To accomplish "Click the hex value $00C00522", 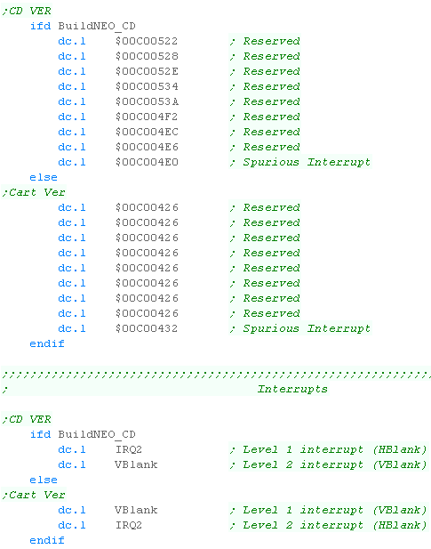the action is pos(147,41).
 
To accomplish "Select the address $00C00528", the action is pos(147,56).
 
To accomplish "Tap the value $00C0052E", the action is pos(147,71).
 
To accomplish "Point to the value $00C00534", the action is pos(147,86).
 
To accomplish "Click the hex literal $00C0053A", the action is pos(147,101).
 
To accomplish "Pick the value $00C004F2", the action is pos(147,117).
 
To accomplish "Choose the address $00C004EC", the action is pos(147,132).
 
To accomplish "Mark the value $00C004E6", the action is pos(147,147).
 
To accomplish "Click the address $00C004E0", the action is pos(147,162).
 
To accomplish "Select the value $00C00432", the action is pos(147,328).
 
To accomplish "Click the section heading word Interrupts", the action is pos(292,389).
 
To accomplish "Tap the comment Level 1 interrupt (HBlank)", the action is pos(335,449).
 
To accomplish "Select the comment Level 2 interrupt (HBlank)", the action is pos(335,525).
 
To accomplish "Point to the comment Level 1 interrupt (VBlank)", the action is pos(335,510).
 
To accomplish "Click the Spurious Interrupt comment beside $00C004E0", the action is pos(307,162).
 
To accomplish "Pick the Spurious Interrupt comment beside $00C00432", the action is pos(307,328).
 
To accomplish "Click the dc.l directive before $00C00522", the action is pos(72,41).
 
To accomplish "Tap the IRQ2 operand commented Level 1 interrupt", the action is pos(129,449).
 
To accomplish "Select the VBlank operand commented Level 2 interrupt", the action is pos(136,464).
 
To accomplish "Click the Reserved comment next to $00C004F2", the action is pos(272,117).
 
